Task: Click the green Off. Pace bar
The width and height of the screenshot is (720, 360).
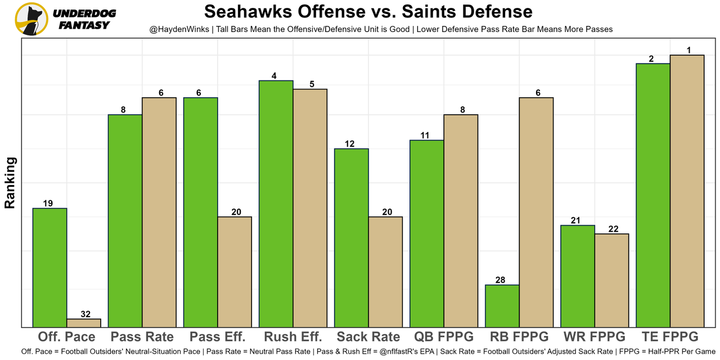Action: pos(50,268)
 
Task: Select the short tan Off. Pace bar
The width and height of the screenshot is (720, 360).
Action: pos(84,323)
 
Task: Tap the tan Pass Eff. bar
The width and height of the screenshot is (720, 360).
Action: pos(235,272)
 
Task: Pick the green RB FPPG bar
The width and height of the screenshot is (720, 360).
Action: pos(502,306)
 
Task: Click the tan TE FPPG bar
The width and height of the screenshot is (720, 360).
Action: pos(687,191)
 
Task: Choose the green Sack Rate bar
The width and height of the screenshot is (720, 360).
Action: pos(352,238)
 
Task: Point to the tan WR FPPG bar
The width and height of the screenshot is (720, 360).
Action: pos(611,280)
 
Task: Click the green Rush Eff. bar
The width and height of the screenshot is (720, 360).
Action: pos(276,204)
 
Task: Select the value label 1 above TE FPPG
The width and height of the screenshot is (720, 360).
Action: pos(687,51)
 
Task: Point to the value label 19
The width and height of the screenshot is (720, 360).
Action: pos(48,204)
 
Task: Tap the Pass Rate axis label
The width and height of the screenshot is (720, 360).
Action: pos(142,337)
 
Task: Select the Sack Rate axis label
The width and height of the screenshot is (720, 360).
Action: pos(368,337)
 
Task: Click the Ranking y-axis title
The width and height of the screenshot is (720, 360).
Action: pos(10,183)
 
